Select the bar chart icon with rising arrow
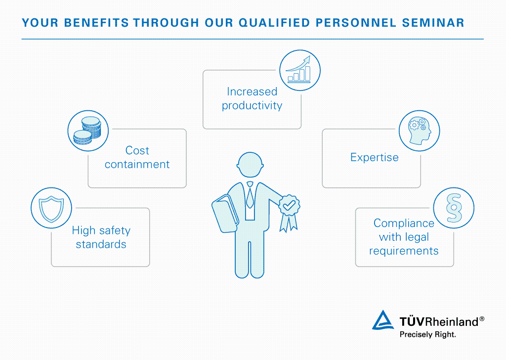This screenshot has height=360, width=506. (300, 70)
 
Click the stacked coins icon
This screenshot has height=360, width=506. (87, 130)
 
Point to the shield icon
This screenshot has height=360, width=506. (51, 208)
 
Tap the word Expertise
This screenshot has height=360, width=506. (374, 157)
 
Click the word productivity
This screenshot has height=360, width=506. (252, 105)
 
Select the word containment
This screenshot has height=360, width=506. (137, 164)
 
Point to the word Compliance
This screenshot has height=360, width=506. (404, 223)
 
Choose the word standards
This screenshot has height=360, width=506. (101, 244)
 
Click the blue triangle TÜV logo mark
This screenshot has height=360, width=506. (383, 320)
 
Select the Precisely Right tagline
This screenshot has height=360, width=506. (427, 334)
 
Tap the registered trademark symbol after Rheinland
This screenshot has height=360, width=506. (482, 319)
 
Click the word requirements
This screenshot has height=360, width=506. (404, 251)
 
